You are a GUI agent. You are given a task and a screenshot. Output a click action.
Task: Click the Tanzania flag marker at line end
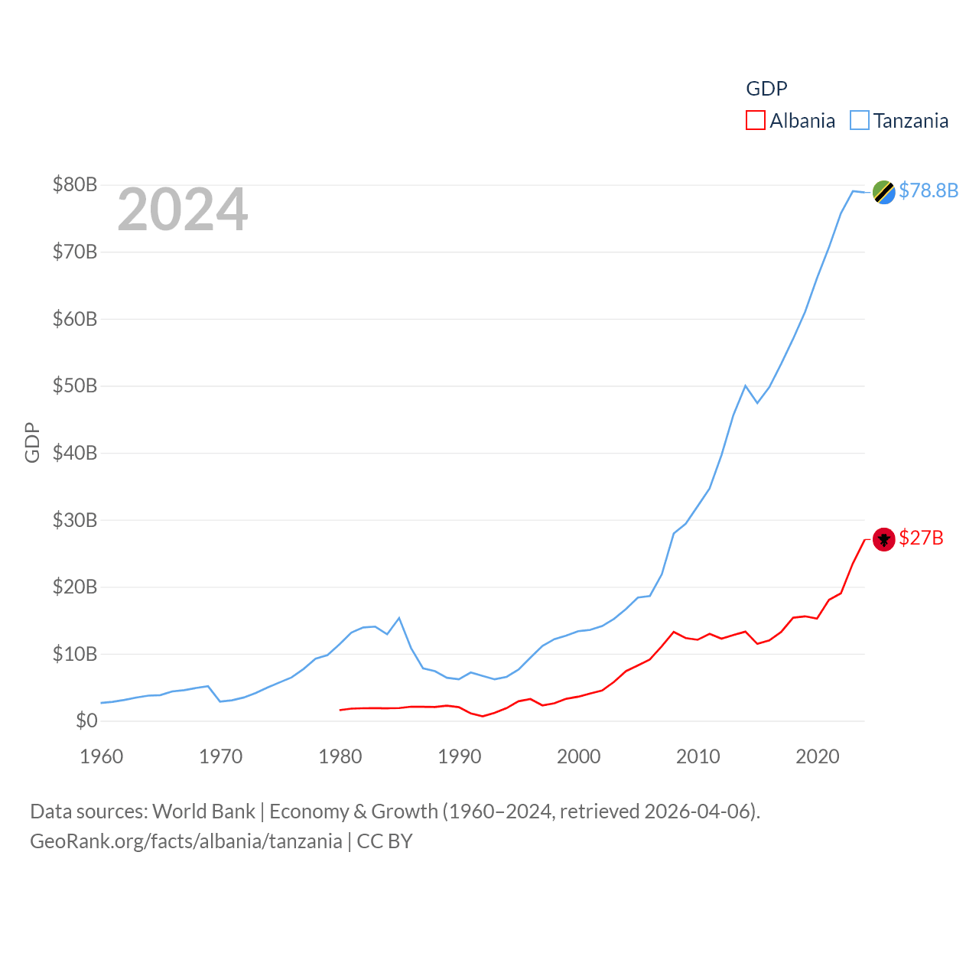(884, 192)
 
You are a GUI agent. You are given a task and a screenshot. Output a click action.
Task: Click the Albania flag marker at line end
(884, 539)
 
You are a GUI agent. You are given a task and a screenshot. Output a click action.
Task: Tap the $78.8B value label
(929, 190)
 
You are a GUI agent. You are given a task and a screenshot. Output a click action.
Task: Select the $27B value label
(921, 538)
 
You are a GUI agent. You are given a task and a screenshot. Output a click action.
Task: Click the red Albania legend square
(756, 121)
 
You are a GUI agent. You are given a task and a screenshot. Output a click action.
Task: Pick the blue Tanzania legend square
(860, 121)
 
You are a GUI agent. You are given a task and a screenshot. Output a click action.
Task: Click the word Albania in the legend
(802, 121)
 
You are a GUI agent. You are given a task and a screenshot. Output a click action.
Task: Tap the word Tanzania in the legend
(911, 121)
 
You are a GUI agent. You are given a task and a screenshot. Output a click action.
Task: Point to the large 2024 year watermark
(182, 210)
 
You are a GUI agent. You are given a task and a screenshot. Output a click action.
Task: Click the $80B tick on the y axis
(75, 184)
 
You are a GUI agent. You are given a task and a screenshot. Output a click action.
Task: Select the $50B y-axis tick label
(75, 385)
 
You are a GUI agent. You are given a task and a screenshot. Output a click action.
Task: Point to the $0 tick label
(86, 720)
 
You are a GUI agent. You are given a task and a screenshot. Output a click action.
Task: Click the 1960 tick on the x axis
(102, 756)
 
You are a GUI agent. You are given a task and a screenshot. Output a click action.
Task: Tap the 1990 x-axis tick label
(460, 756)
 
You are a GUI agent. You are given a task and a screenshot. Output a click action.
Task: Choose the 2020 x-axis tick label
(818, 756)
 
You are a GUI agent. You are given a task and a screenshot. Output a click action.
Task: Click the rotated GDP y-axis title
(32, 442)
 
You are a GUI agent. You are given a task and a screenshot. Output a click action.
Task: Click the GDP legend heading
(766, 89)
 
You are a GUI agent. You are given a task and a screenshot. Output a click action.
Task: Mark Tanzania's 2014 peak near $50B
(745, 385)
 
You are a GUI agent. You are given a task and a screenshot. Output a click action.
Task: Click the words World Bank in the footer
(203, 811)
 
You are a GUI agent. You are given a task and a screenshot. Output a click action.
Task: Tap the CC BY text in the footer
(385, 841)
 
